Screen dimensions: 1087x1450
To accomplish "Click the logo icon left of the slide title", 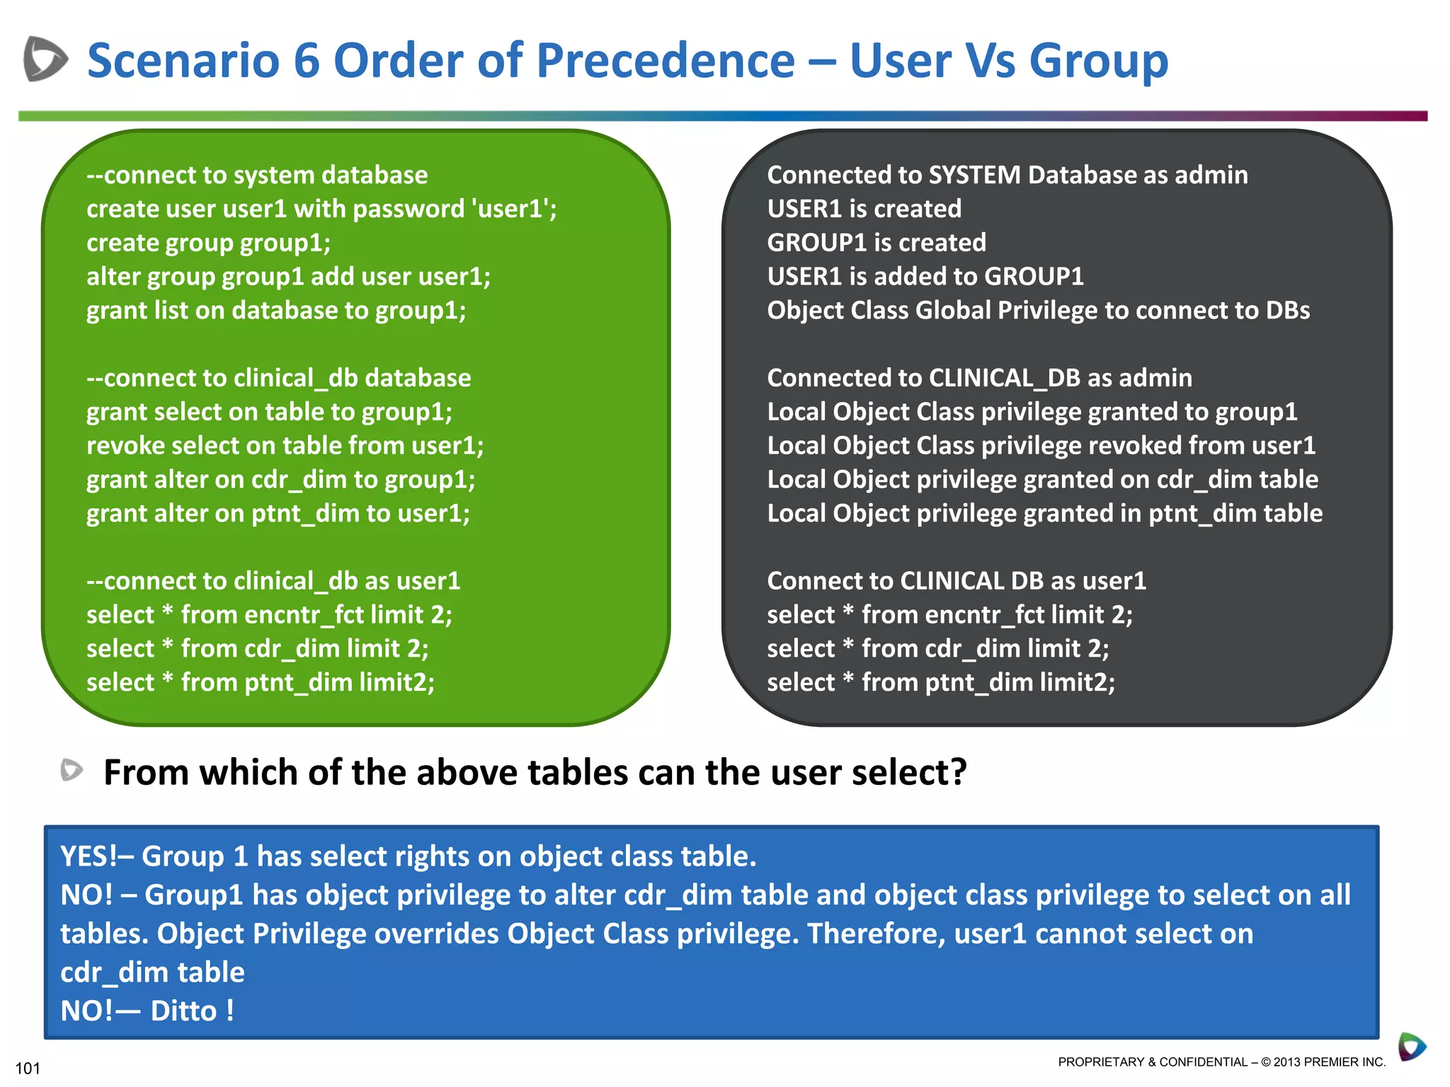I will [45, 59].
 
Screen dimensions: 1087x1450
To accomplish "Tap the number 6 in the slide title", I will [306, 61].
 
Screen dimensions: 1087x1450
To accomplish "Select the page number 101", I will [28, 1068].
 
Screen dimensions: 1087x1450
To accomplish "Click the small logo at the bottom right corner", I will [1412, 1047].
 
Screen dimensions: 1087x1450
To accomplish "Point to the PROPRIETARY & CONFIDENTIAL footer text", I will [1221, 1062].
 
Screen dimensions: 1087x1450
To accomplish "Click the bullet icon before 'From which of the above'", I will [72, 770].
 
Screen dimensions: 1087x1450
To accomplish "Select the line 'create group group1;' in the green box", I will [208, 243].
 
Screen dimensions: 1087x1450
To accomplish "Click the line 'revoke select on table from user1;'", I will [285, 446].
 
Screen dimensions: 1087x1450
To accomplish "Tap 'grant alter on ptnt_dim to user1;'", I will [278, 513].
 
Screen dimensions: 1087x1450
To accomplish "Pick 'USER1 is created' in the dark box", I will [864, 209].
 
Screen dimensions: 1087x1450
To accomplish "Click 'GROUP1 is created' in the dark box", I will [876, 243].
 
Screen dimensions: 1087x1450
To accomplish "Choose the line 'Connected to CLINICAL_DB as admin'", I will [979, 378].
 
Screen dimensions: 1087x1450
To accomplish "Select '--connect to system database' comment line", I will [257, 175].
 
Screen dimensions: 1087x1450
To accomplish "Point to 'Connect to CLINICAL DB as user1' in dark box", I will [956, 581].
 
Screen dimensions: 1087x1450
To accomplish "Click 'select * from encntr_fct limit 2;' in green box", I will [269, 615].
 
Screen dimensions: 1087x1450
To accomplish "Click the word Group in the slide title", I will [1097, 61].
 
